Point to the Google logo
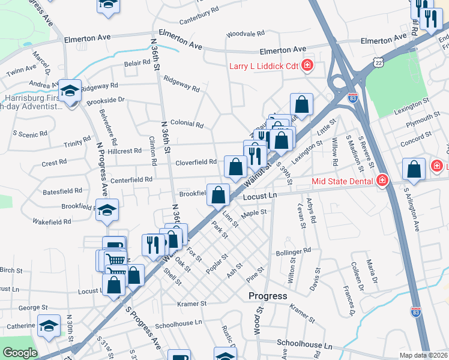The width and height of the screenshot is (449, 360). [x=20, y=353]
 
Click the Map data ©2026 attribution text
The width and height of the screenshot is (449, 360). [x=423, y=355]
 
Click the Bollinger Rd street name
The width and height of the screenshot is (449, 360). [x=298, y=250]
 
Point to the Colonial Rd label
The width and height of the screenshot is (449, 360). [x=187, y=124]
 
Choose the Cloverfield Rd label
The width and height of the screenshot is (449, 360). [x=196, y=162]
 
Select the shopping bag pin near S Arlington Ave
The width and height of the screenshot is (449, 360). [x=414, y=170]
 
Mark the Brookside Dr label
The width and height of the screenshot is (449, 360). [x=105, y=100]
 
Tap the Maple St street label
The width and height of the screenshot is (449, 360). [x=254, y=212]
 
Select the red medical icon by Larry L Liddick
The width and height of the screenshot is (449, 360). [x=307, y=65]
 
